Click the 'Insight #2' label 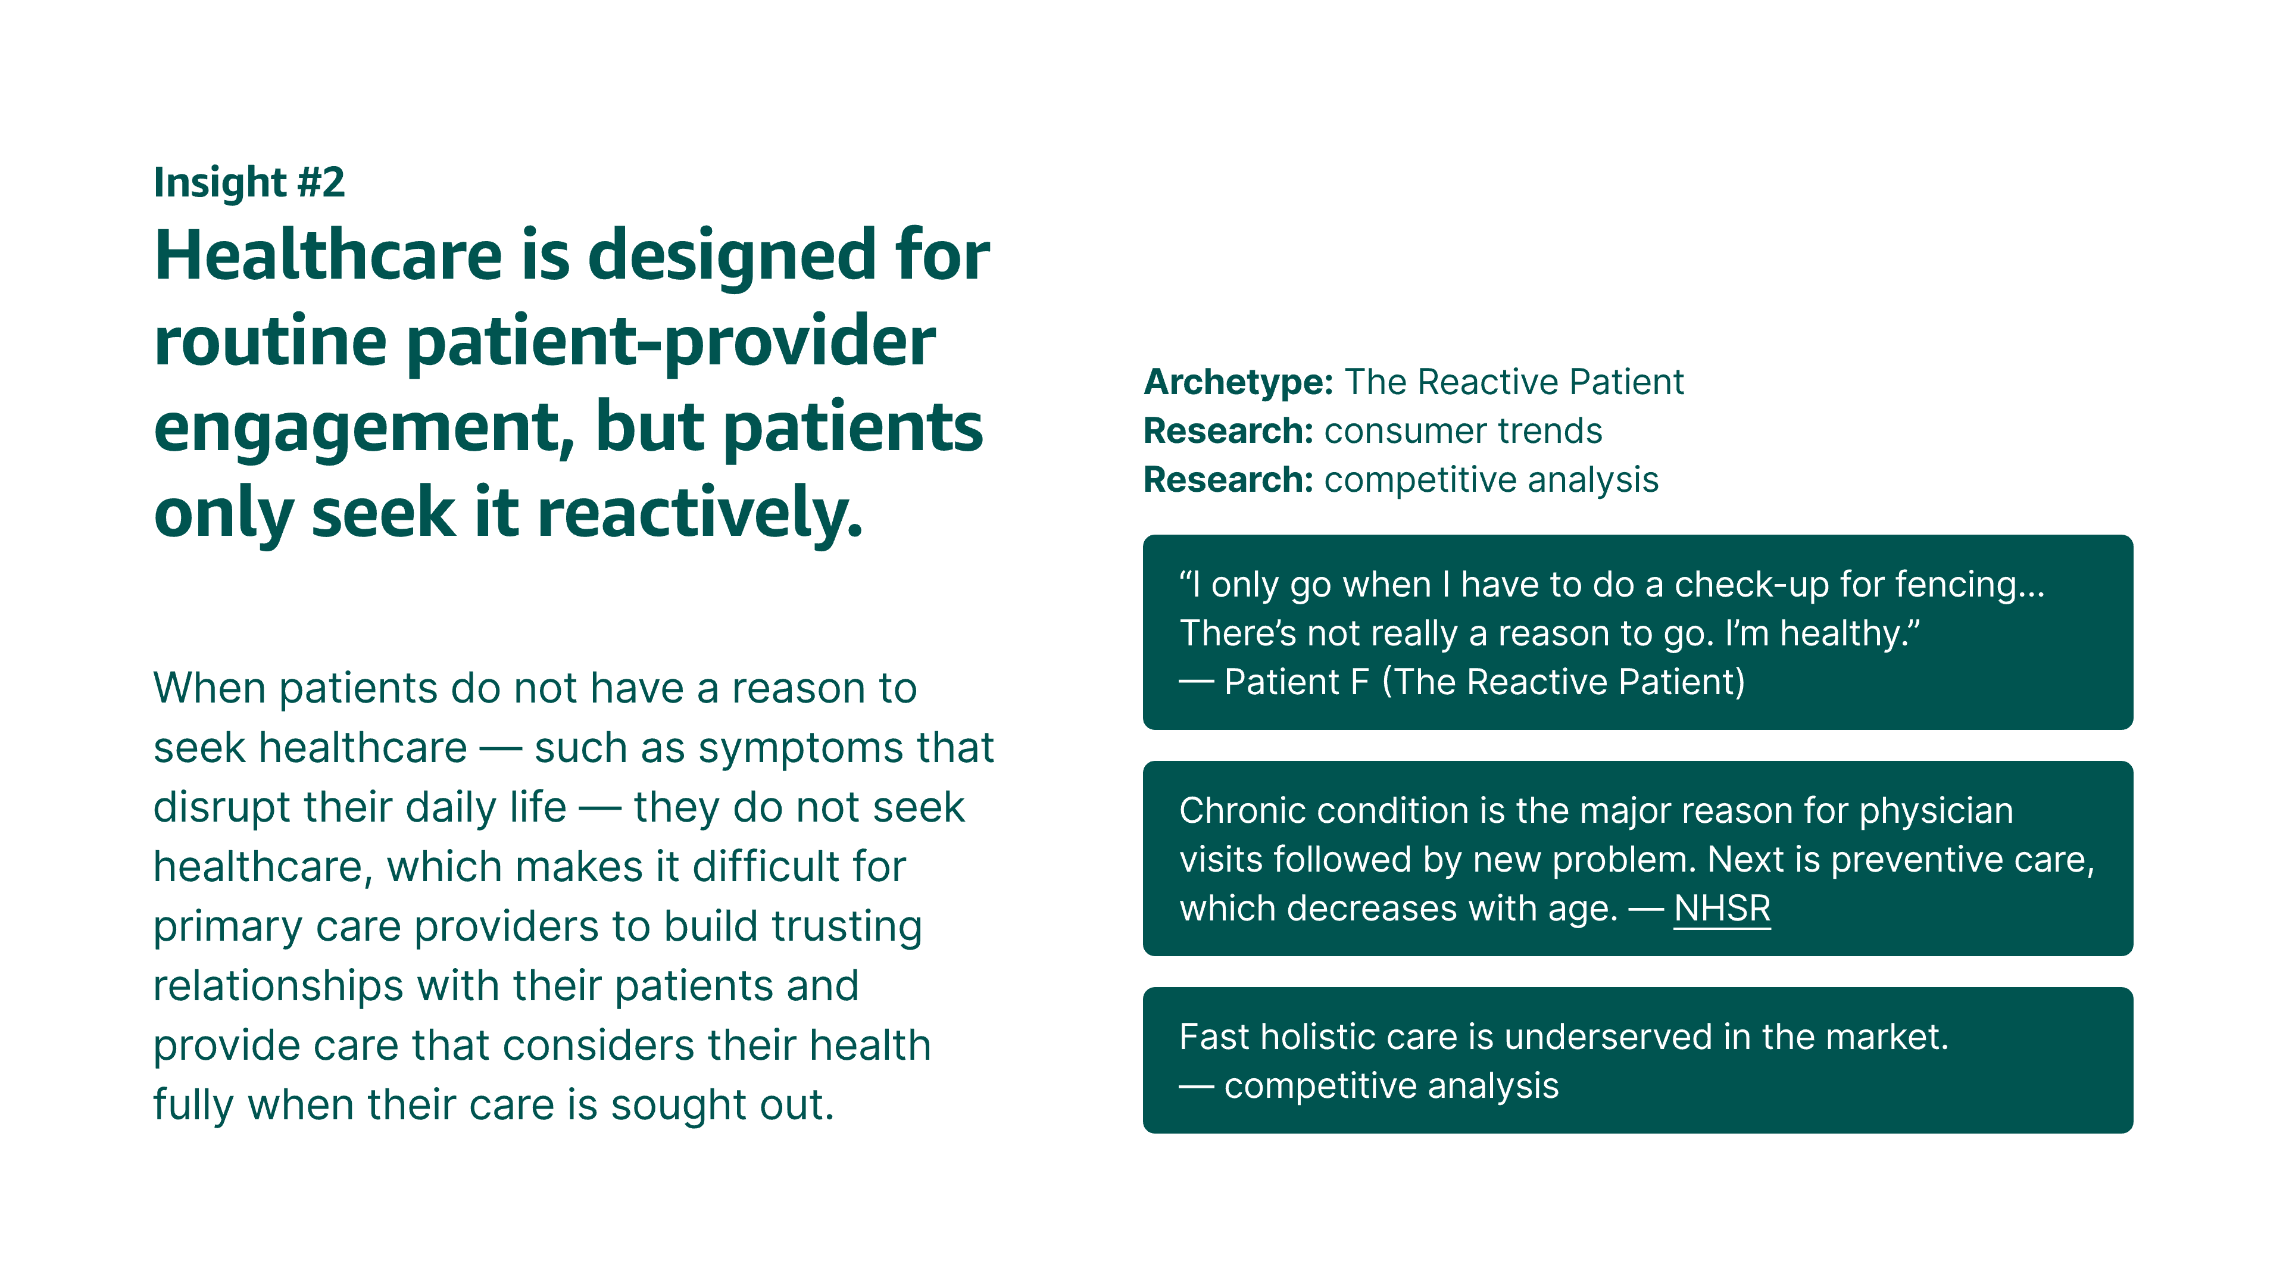pos(249,183)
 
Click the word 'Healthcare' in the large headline pos(329,255)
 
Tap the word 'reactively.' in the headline pos(700,513)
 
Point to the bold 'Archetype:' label pos(1238,382)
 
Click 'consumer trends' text pos(1463,431)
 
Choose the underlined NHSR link pos(1722,908)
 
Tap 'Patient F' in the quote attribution pos(1297,682)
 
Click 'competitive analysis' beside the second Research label pos(1491,480)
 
